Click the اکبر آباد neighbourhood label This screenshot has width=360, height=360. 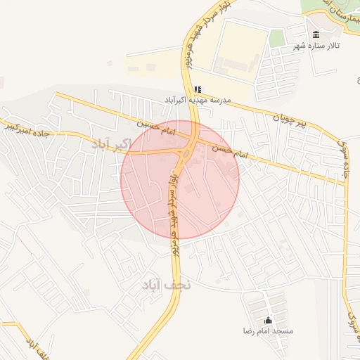coord(111,144)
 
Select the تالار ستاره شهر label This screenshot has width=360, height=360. coord(316,46)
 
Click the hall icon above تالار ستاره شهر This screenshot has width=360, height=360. coord(315,34)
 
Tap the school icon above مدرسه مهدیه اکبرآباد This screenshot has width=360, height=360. coord(198,89)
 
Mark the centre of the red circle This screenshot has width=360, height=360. coord(180,179)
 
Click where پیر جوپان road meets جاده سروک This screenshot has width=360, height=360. coord(345,184)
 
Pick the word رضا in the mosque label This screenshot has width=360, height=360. coord(247,330)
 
